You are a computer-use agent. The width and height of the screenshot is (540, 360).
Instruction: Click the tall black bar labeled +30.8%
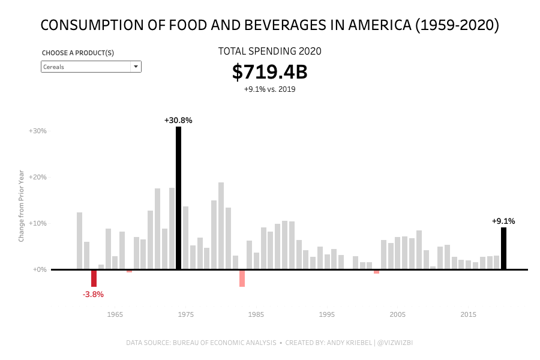[178, 198]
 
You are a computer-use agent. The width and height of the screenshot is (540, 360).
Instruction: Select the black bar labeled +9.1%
[503, 248]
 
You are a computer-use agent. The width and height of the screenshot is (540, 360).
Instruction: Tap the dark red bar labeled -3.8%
[94, 278]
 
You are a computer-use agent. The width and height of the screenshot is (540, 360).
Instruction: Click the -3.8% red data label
[93, 295]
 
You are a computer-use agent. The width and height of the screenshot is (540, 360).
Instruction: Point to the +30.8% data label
[178, 121]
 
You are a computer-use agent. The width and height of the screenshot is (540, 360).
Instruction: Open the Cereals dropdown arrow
[136, 67]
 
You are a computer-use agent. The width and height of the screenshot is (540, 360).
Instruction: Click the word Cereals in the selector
[54, 67]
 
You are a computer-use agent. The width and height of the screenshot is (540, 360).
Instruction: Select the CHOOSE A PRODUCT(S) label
[78, 53]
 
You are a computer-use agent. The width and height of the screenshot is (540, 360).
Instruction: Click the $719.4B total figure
[269, 72]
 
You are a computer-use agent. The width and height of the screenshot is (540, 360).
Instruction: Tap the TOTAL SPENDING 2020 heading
[269, 52]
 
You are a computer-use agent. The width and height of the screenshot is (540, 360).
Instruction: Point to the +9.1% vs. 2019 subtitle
[269, 89]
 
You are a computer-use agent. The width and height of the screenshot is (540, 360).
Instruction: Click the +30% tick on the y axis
[37, 131]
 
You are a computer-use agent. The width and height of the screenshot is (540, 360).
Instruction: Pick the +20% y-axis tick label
[37, 177]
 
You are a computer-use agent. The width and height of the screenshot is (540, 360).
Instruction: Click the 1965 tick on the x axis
[115, 314]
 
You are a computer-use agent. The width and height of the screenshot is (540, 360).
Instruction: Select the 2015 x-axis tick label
[469, 314]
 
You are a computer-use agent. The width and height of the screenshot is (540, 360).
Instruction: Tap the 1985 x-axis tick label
[256, 314]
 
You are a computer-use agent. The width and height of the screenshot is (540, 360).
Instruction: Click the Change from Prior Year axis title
[22, 206]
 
